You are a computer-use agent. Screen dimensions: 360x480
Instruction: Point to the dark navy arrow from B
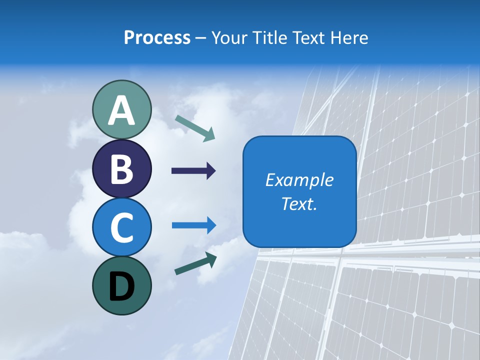click(x=193, y=171)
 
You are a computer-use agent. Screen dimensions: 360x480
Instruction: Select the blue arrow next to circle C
click(x=193, y=225)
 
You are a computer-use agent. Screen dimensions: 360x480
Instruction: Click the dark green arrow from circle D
click(x=195, y=263)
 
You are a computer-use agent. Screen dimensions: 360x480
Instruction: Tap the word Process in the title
click(x=157, y=37)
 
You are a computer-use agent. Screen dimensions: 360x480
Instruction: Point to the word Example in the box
click(x=299, y=180)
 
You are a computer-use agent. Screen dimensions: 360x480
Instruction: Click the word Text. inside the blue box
click(x=299, y=203)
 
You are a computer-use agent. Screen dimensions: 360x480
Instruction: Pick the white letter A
click(x=121, y=110)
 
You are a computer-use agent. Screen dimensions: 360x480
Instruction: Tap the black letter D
click(x=121, y=286)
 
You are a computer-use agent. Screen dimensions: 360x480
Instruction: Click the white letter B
click(x=121, y=169)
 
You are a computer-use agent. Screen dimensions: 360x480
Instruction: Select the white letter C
click(x=121, y=227)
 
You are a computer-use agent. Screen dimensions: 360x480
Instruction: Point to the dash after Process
click(x=200, y=38)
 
